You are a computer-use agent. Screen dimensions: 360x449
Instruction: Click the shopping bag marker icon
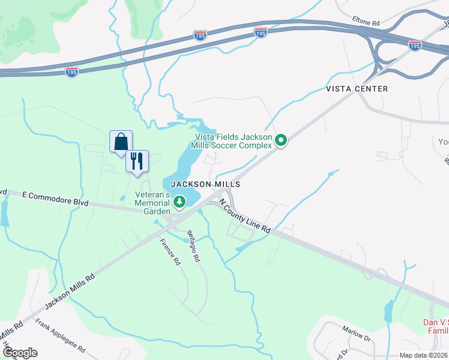pyautogui.click(x=121, y=142)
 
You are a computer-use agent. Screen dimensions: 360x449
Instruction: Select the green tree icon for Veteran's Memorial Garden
pyautogui.click(x=179, y=202)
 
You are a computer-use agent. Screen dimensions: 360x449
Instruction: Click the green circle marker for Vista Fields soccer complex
pyautogui.click(x=280, y=140)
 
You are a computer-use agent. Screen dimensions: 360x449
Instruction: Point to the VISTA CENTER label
pyautogui.click(x=357, y=89)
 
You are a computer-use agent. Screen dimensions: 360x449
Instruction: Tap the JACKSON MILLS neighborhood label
pyautogui.click(x=206, y=184)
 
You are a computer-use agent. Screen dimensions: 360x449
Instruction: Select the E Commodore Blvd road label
pyautogui.click(x=55, y=199)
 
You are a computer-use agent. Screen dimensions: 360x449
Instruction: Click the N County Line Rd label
pyautogui.click(x=245, y=217)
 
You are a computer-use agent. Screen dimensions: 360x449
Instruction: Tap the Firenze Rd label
pyautogui.click(x=170, y=252)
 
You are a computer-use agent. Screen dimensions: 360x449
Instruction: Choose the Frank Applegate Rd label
pyautogui.click(x=60, y=336)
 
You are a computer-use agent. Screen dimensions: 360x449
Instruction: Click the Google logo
pyautogui.click(x=19, y=353)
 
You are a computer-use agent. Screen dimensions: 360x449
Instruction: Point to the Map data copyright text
pyautogui.click(x=424, y=355)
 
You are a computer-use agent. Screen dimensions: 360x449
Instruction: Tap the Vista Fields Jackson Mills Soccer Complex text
pyautogui.click(x=231, y=140)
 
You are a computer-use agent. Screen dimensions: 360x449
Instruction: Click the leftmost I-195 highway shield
pyautogui.click(x=72, y=71)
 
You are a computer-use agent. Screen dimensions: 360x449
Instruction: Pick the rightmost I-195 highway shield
pyautogui.click(x=414, y=45)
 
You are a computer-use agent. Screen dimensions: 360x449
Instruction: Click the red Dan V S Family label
pyautogui.click(x=436, y=326)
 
